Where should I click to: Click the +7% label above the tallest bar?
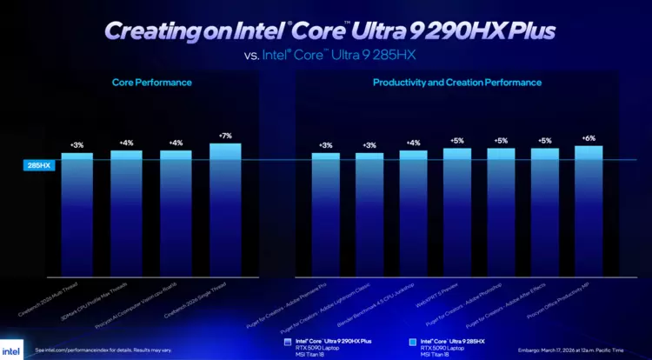[225, 137]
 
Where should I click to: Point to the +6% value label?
[589, 138]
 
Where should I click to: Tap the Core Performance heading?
[152, 83]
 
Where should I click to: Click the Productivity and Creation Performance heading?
[457, 83]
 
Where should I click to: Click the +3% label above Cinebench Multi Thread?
[77, 145]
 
